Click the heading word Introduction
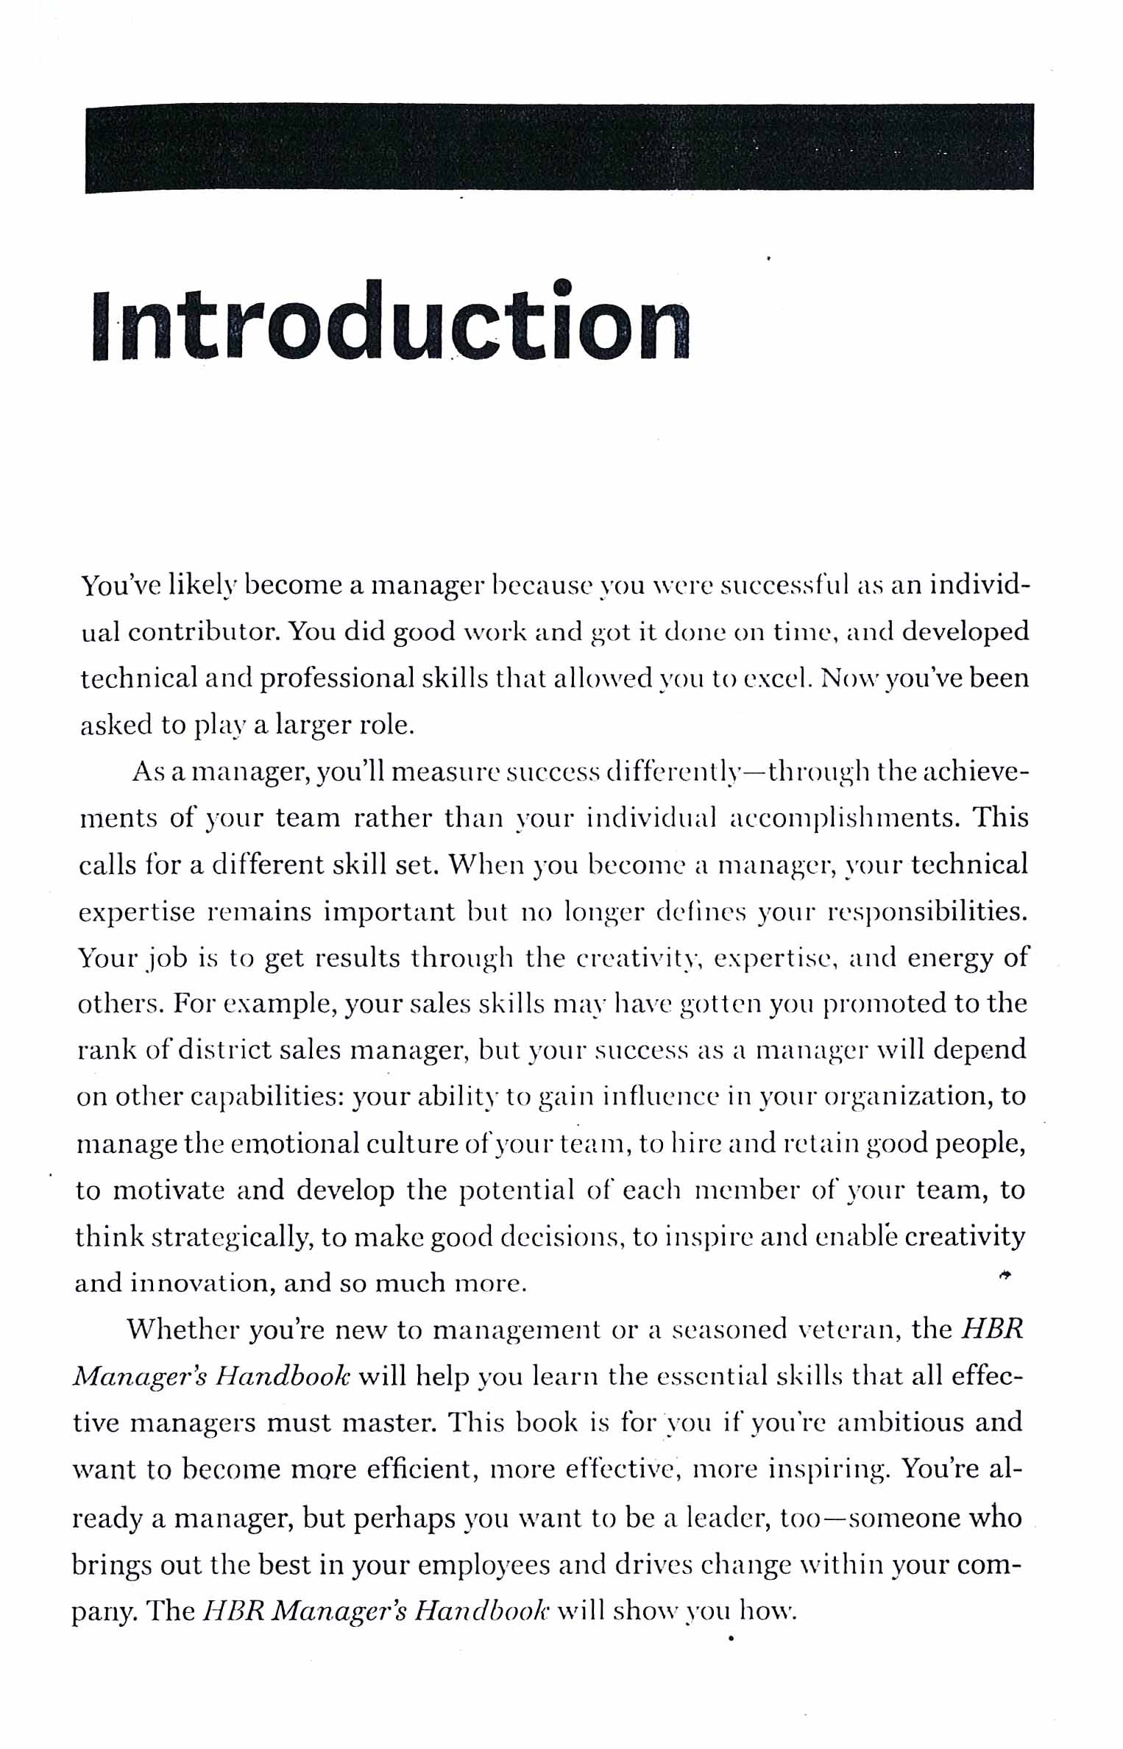[392, 322]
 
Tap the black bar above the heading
[559, 147]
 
